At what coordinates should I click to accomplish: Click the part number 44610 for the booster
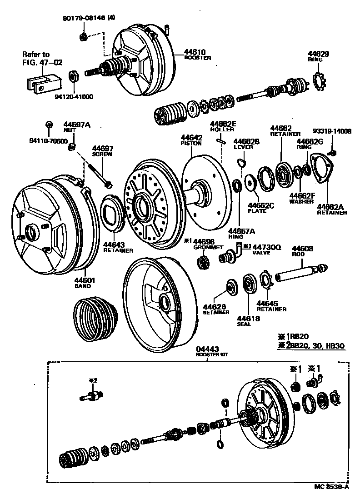195,52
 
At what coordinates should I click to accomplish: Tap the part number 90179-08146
82,19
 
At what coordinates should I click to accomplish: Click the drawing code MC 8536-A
331,486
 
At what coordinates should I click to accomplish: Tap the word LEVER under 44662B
241,147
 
